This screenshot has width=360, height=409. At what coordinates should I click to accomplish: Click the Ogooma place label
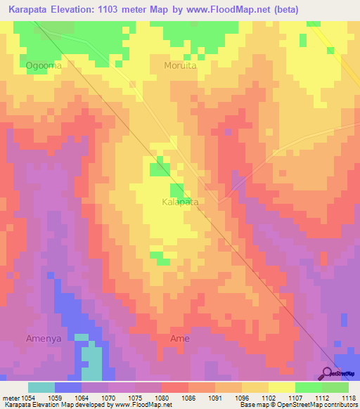coord(44,66)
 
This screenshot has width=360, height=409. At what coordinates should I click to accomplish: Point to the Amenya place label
coord(44,338)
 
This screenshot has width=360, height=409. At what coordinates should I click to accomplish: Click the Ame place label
coord(180,338)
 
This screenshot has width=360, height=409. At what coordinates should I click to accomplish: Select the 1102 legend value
coord(268,398)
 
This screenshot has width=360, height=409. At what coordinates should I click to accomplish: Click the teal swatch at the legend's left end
coord(41,387)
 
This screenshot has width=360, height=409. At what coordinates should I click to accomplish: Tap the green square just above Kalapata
coord(176,190)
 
